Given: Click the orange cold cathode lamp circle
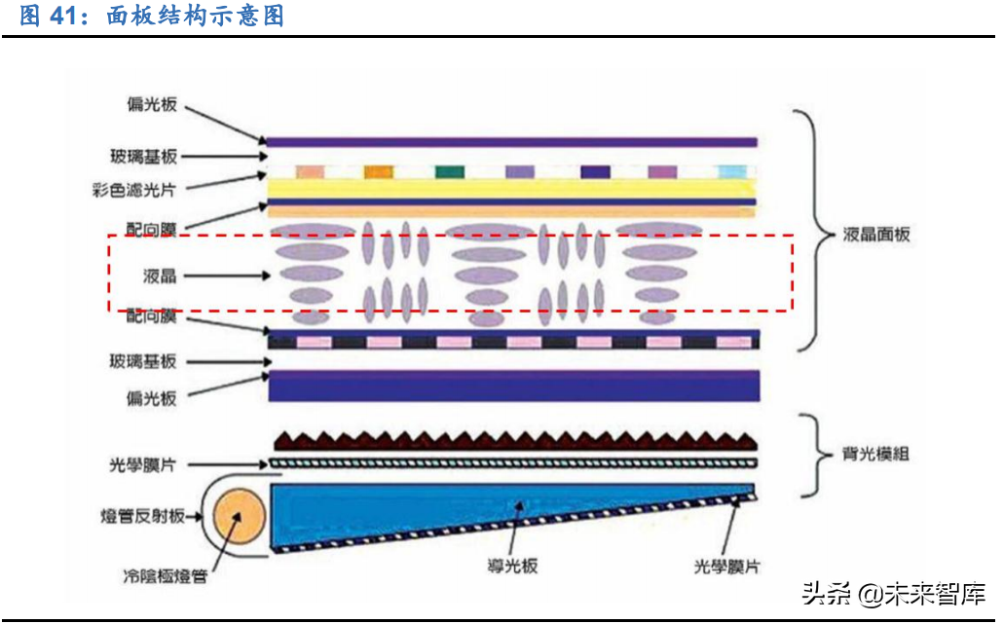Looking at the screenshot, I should (236, 515).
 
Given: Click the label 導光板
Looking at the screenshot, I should (513, 567).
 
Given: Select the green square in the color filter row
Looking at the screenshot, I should (449, 171).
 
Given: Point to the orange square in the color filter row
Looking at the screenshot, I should (378, 171).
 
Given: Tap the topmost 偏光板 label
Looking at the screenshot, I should (151, 105).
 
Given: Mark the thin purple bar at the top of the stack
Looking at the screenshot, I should (512, 142).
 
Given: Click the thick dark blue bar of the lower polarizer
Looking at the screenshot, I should (513, 386).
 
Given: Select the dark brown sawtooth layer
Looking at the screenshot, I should (513, 439).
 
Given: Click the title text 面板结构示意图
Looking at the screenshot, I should (195, 17).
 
